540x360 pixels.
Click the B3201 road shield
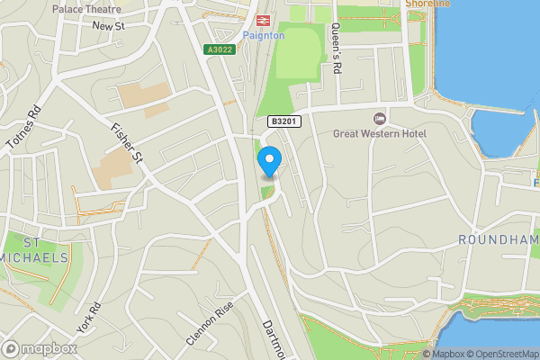[x=281, y=120]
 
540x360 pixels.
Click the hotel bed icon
[x=379, y=119]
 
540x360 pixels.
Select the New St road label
[x=107, y=26]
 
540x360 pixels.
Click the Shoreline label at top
[x=428, y=4]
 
